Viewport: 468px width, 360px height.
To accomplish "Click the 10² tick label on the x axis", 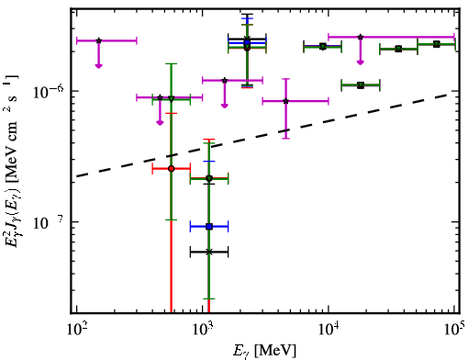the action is click(76, 330).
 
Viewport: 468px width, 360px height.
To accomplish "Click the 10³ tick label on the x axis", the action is click(203, 330).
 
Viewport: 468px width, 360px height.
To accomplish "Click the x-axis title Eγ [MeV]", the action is click(265, 351).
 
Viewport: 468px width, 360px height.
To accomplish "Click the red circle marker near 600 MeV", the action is click(172, 169).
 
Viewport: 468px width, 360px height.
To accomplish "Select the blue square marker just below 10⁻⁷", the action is click(209, 227).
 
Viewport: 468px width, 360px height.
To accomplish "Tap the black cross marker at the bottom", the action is click(209, 252).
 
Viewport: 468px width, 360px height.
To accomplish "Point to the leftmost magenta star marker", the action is click(98, 40).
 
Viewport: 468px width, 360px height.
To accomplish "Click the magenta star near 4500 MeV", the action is click(286, 101).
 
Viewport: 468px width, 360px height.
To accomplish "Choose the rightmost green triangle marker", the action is click(437, 44).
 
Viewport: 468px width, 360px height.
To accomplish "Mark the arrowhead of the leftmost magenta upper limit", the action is click(98, 65).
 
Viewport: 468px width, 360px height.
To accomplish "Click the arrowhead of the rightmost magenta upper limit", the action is click(361, 62).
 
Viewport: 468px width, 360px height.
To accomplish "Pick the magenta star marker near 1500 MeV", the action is click(225, 80).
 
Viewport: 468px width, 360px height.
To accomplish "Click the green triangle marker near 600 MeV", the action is click(172, 99).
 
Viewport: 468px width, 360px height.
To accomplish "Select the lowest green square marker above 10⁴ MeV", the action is click(361, 85).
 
